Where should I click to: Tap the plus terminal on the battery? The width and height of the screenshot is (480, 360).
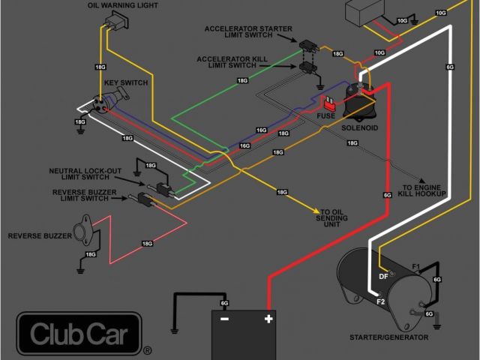point(268,319)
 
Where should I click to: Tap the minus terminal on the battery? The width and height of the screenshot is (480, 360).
point(223,319)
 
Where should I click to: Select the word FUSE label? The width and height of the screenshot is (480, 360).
point(325,116)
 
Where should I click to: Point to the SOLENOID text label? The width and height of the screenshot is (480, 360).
point(358,128)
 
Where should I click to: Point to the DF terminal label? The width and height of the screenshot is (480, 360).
point(382,275)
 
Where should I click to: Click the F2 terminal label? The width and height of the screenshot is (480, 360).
point(380,302)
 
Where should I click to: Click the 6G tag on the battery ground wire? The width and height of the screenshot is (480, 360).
point(224,302)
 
